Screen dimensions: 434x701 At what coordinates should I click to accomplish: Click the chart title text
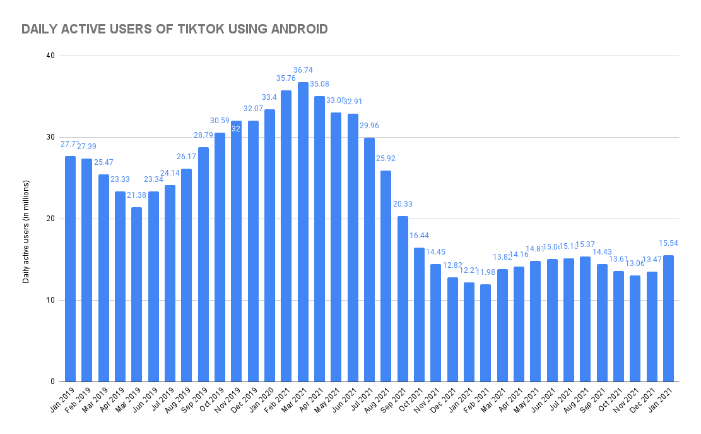point(174,29)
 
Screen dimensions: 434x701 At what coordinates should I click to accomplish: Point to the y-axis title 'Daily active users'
point(26,219)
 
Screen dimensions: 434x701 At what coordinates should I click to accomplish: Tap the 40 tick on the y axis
point(50,56)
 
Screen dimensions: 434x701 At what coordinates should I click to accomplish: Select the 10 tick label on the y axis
point(50,300)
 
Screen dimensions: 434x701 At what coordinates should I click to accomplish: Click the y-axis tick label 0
point(52,382)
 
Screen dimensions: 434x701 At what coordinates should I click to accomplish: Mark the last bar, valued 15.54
point(668,318)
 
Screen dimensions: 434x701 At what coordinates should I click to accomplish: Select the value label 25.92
point(386,159)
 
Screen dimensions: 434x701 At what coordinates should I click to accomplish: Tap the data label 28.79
point(203,136)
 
